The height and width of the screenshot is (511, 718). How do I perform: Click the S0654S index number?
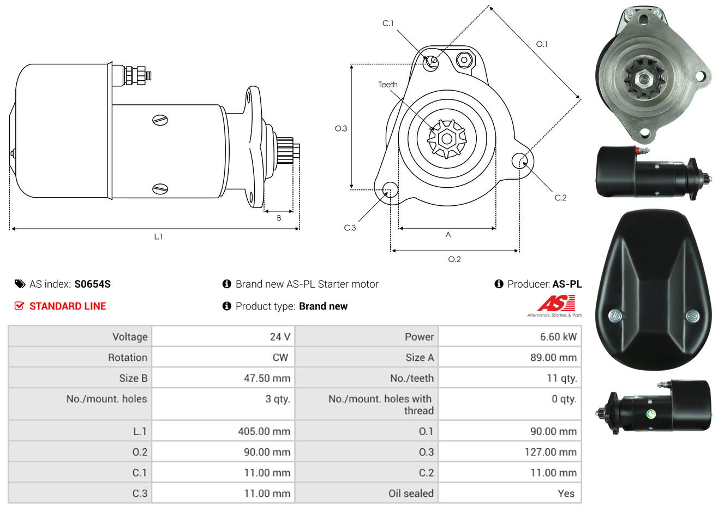[x=92, y=284]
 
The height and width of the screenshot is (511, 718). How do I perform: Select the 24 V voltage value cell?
[x=223, y=336]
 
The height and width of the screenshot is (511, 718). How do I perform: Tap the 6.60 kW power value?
[x=558, y=336]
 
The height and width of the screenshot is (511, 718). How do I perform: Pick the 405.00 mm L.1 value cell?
[x=223, y=431]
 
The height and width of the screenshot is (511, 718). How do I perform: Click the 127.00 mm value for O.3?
[x=551, y=452]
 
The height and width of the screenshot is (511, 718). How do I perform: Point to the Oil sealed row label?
[x=411, y=494]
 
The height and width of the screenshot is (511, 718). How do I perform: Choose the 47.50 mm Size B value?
[x=267, y=378]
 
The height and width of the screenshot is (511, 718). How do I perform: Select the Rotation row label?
[x=128, y=358]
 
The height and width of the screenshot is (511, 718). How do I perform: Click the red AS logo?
[x=556, y=304]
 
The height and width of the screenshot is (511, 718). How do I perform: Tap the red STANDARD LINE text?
[x=68, y=306]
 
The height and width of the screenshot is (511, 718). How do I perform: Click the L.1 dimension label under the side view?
[x=158, y=237]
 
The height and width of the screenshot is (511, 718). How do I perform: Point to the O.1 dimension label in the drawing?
[x=542, y=44]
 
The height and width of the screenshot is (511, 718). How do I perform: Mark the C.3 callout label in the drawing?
[x=350, y=228]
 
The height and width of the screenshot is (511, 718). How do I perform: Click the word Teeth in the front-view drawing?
[x=387, y=85]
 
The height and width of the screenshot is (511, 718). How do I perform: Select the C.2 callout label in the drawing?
[x=560, y=198]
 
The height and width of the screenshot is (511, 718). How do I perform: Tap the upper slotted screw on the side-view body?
[x=160, y=120]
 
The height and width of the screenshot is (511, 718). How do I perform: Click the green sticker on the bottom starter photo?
[x=651, y=414]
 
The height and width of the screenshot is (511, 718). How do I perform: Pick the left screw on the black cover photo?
[x=615, y=316]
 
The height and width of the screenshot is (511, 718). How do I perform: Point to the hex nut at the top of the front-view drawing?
[x=464, y=60]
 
